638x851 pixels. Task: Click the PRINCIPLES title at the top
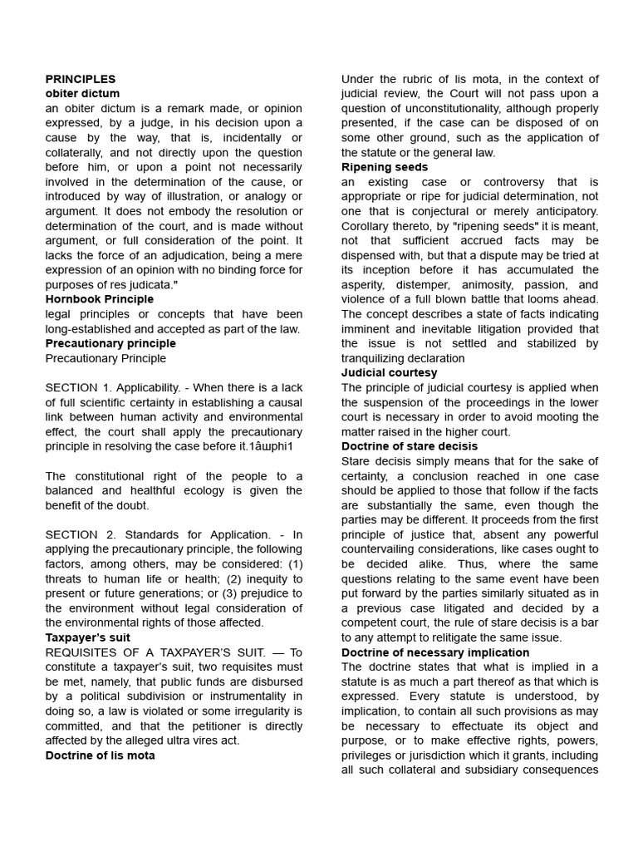[x=81, y=79]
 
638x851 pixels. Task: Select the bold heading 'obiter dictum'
[x=82, y=94]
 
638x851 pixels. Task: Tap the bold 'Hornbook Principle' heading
[x=100, y=299]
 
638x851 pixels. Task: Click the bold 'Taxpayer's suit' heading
[x=88, y=637]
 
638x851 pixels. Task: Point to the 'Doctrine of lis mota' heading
[x=100, y=755]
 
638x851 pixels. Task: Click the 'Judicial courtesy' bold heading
[x=389, y=373]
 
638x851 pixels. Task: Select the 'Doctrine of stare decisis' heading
[x=410, y=446]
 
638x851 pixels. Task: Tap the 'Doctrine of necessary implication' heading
[x=435, y=652]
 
